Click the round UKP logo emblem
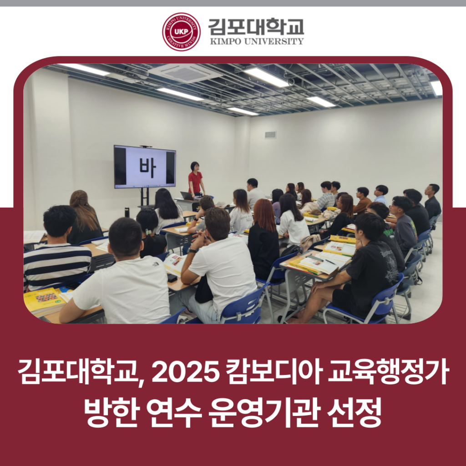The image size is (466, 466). coord(181,32)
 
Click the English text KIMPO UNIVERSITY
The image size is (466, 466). coord(257,41)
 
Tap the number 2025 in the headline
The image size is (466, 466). coord(186,372)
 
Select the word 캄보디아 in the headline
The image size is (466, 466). coord(274,371)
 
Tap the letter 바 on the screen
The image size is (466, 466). coord(148,167)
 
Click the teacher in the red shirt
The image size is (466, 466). coord(196,179)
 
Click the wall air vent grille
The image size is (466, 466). coord(270,135)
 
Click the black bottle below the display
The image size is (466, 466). coord(127,212)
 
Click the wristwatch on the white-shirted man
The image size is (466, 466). coord(192,251)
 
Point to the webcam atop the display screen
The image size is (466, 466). coord(146,147)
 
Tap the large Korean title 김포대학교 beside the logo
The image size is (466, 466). coord(256,26)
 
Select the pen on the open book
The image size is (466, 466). coord(330,262)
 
